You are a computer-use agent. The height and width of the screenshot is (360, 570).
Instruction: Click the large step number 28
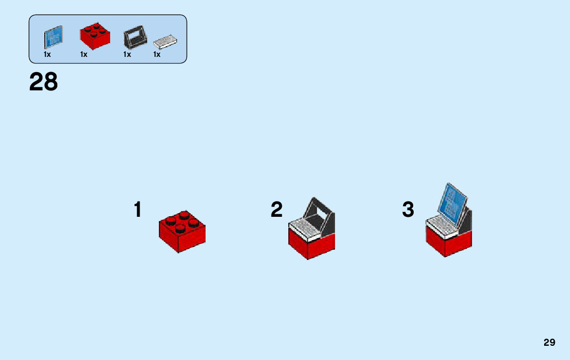pos(44,82)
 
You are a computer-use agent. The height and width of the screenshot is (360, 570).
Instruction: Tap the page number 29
pos(549,343)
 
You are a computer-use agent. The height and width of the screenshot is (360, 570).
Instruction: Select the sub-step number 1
pos(138,210)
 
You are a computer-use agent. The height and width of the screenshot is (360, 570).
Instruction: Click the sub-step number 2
pos(277,210)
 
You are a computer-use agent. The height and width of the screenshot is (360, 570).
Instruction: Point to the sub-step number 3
pos(408,210)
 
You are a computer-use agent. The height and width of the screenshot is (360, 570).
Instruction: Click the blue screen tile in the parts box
pos(53,37)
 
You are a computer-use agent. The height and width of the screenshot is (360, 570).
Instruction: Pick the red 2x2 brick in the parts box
pos(94,36)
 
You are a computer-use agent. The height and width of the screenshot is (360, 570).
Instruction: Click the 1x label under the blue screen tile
pos(47,54)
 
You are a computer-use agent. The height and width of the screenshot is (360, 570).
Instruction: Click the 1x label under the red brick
pos(84,54)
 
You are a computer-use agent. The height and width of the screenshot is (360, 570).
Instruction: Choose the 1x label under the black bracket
pos(127,54)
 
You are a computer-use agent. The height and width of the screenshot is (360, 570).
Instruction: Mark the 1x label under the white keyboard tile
pos(157,54)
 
